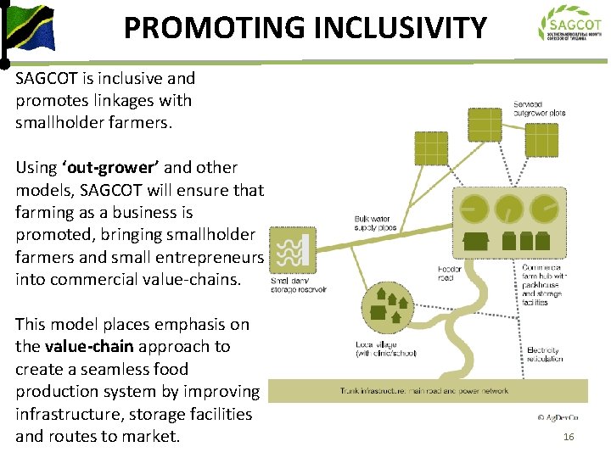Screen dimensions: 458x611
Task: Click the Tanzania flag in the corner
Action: click(29, 29)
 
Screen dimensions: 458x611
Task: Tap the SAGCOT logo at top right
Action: click(571, 26)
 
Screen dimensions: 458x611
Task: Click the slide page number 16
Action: click(569, 437)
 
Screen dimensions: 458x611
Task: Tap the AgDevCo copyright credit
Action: click(558, 417)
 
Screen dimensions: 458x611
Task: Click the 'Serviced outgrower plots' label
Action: click(539, 109)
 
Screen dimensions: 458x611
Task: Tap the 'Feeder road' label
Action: click(449, 273)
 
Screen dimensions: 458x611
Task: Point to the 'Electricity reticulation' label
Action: click(545, 355)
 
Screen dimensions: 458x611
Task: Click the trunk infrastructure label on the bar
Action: click(424, 391)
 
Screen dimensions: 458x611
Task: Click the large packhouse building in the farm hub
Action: click(476, 241)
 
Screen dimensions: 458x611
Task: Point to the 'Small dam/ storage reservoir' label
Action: click(300, 285)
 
